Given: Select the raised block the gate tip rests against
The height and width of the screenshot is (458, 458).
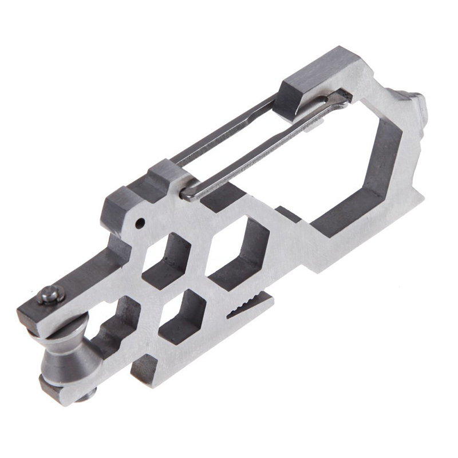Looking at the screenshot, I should [x=312, y=80].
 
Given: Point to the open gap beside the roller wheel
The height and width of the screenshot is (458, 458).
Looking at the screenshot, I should [x=106, y=338].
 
